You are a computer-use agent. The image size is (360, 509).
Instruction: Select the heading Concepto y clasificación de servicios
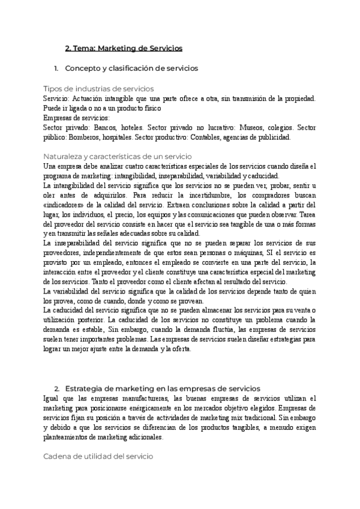coord(131,68)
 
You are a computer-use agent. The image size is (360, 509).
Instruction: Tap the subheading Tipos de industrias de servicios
coord(99,88)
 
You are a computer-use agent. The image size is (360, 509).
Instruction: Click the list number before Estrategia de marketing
coord(56,388)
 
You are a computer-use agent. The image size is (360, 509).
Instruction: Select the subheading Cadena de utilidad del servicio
coord(99,456)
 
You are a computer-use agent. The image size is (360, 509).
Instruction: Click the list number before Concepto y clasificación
coord(56,68)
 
